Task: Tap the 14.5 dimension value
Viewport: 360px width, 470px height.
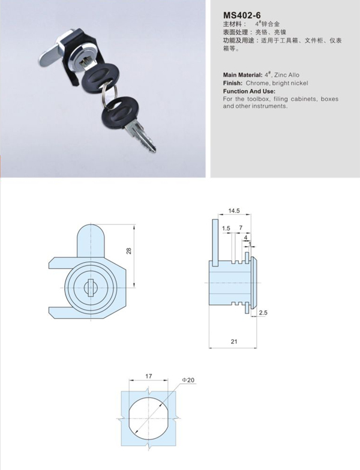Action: tap(234, 211)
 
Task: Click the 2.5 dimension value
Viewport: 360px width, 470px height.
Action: tap(263, 313)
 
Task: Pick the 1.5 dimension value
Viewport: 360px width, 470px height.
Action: tap(226, 229)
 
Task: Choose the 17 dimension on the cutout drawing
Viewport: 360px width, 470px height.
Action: tap(149, 376)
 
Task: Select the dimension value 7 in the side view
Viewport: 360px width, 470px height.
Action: tap(241, 229)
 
